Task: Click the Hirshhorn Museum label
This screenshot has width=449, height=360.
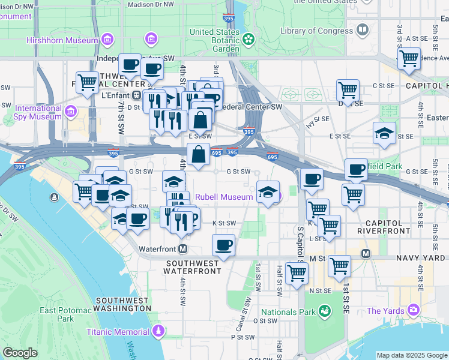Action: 62,40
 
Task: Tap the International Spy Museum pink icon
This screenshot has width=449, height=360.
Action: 71,112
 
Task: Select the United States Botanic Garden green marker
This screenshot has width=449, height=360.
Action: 249,40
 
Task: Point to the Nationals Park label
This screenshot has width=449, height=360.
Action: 288,312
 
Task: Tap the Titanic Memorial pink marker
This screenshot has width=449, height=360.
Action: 158,331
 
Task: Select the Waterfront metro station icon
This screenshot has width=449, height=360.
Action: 182,248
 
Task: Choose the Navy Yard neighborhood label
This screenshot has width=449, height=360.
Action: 421,258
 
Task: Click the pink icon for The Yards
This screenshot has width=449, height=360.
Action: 413,310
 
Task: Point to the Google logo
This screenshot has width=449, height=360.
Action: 20,353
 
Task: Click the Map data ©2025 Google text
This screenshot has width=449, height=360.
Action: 412,355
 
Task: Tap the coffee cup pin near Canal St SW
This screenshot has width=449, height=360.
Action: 224,245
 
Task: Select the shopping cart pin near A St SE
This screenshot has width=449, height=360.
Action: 409,59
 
